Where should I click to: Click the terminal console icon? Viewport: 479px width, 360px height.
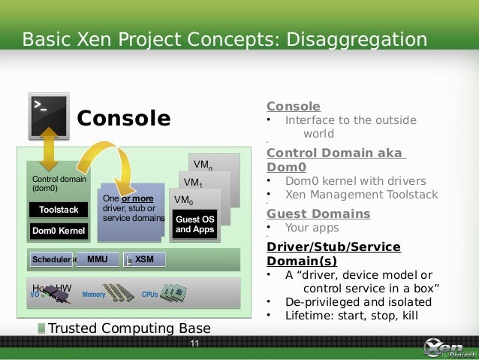[x=48, y=116]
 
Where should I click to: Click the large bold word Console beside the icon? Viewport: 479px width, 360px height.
[x=124, y=119]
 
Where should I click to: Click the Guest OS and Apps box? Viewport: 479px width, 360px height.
[x=195, y=224]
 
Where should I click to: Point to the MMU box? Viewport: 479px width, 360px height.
[x=98, y=259]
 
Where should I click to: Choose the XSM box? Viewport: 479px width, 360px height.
[x=143, y=259]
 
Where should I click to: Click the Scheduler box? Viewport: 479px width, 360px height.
[x=51, y=259]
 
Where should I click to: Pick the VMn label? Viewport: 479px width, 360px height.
[x=203, y=165]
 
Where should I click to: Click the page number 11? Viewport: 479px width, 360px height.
[x=195, y=344]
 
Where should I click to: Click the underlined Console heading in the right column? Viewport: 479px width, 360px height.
[x=294, y=106]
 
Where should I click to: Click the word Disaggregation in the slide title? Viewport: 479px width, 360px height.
[x=357, y=38]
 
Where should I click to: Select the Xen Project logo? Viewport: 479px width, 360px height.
[x=448, y=348]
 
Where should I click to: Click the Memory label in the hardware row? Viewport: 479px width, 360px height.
[x=93, y=295]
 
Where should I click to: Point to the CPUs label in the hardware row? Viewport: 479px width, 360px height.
[x=150, y=295]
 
